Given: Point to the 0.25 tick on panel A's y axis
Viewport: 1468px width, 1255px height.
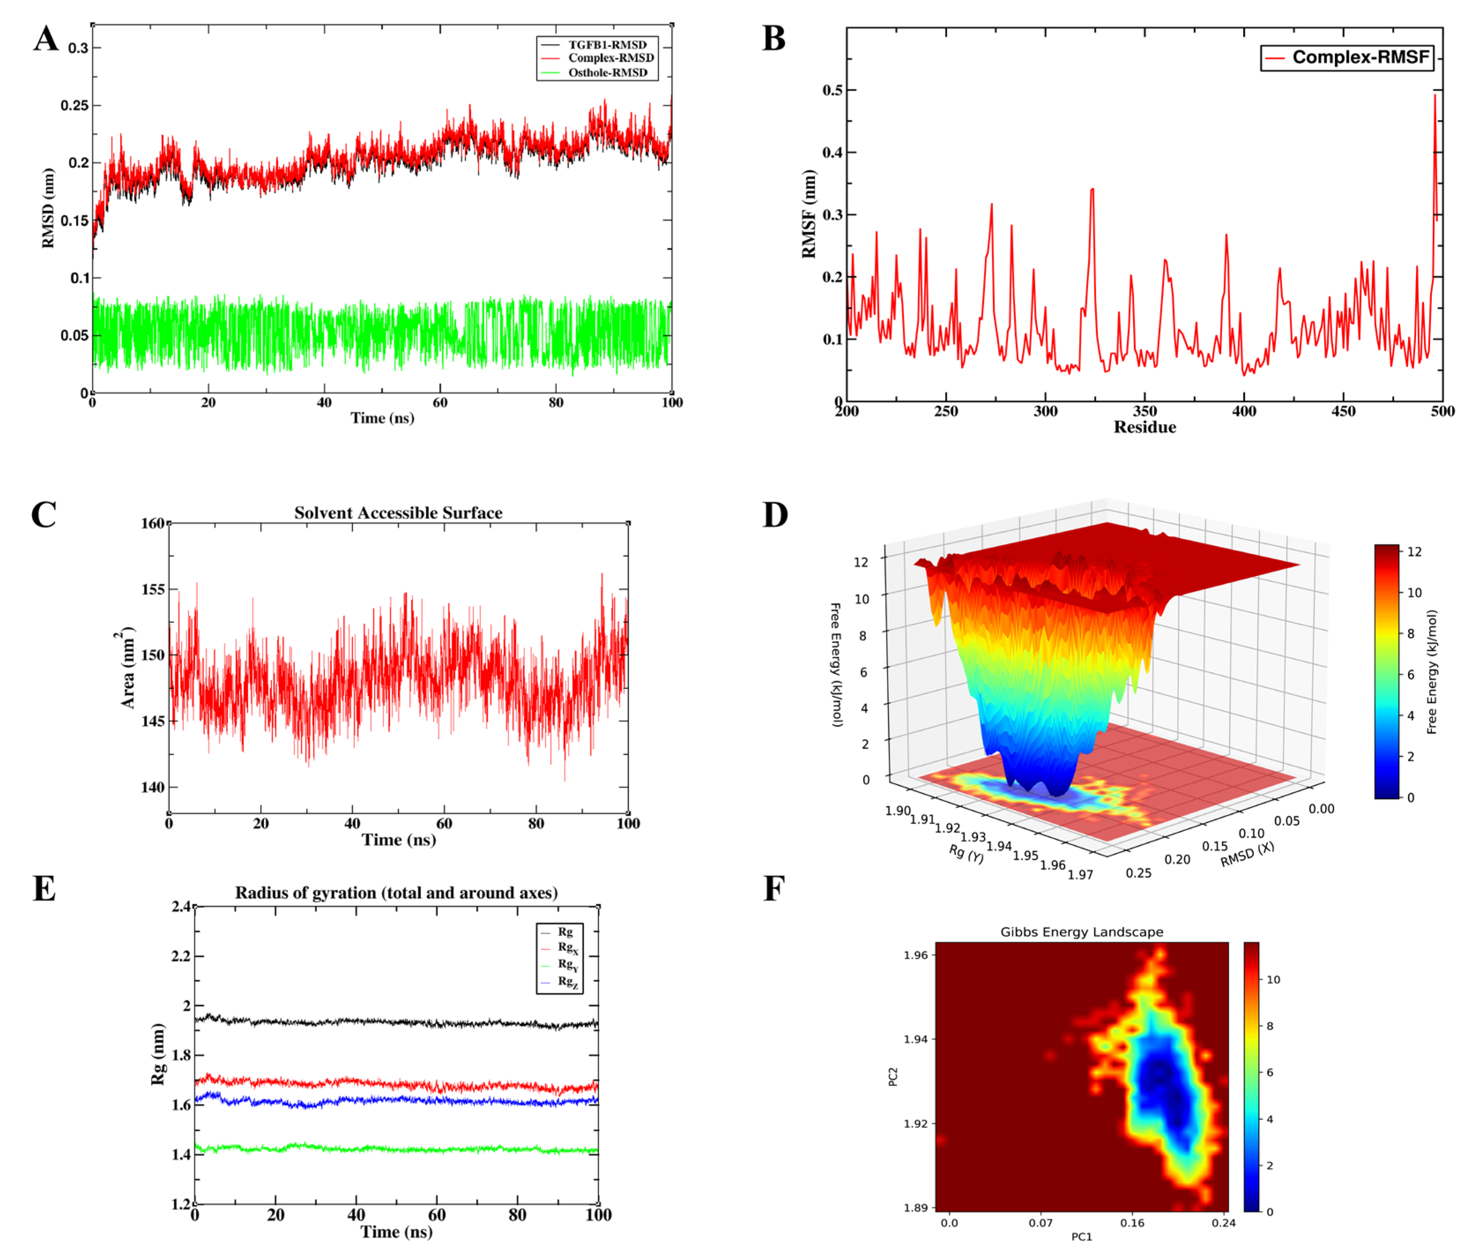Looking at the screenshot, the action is click(75, 105).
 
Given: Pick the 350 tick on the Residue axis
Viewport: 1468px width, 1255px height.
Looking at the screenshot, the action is click(1144, 411).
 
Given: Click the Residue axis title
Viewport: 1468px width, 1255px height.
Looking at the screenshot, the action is click(1144, 427).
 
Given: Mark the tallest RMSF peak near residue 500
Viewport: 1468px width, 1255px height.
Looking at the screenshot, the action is click(1434, 95).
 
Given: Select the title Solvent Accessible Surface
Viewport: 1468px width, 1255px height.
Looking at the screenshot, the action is click(398, 513).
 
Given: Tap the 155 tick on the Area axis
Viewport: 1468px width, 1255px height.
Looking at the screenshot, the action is click(153, 590).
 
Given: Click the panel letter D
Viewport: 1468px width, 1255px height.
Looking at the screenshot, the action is click(775, 515).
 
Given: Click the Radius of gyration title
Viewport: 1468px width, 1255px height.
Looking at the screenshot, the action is click(396, 893).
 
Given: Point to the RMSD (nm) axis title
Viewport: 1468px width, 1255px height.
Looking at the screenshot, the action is click(48, 208).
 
